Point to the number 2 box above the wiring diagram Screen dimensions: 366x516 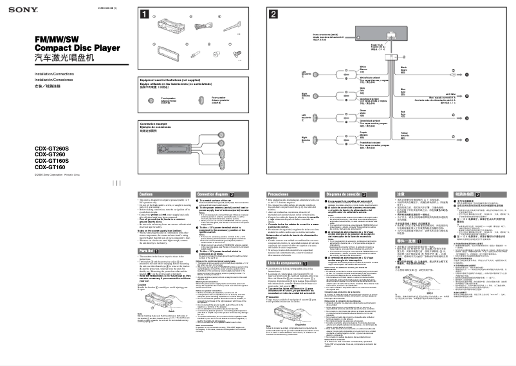coord(274,14)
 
